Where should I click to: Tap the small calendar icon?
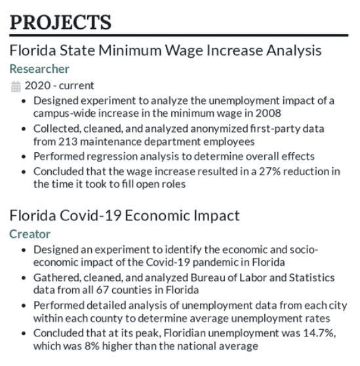pyautogui.click(x=16, y=86)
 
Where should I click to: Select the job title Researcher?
pyautogui.click(x=39, y=69)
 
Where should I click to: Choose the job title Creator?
pyautogui.click(x=30, y=234)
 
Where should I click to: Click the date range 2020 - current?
pyautogui.click(x=60, y=85)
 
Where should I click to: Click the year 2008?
pyautogui.click(x=269, y=113)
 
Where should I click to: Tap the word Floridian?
pyautogui.click(x=186, y=333)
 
